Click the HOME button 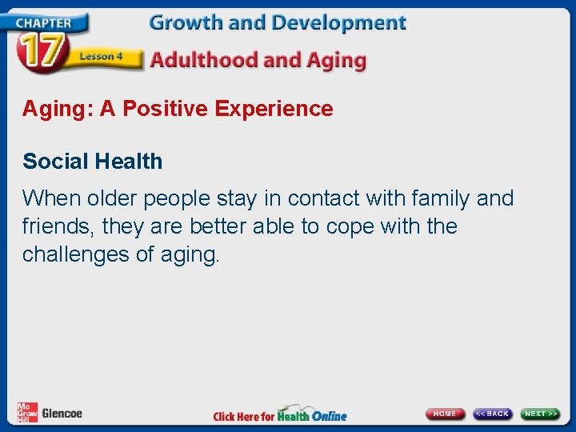pos(445,414)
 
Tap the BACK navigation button pos(492,414)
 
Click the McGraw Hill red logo pos(26,413)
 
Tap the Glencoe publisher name pos(62,414)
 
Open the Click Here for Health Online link pos(280,414)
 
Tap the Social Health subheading pos(92,162)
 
